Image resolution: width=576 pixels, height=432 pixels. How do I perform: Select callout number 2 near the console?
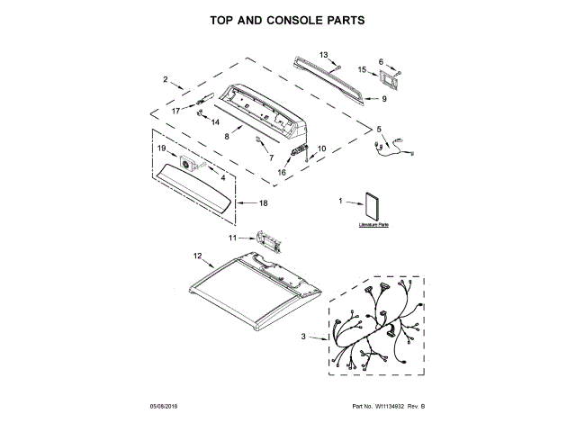[166, 80]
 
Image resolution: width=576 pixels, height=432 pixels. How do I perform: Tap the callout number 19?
[162, 148]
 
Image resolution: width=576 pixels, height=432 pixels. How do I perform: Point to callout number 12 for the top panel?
[197, 256]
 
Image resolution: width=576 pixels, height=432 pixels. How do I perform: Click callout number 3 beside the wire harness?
[302, 337]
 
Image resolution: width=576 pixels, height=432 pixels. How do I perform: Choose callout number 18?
[263, 203]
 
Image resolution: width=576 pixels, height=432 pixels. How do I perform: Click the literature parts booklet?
[374, 209]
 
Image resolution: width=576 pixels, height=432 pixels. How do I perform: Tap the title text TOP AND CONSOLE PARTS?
[287, 19]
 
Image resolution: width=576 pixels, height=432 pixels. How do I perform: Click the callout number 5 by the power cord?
[379, 129]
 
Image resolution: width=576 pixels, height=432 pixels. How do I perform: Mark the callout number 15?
[362, 69]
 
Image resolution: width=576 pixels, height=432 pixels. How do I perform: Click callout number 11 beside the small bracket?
[232, 238]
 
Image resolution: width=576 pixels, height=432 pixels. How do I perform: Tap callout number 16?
[282, 172]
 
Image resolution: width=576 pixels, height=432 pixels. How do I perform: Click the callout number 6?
[381, 61]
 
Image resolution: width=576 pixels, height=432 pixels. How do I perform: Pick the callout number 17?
[177, 109]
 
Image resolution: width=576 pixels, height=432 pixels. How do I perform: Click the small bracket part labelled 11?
[269, 241]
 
